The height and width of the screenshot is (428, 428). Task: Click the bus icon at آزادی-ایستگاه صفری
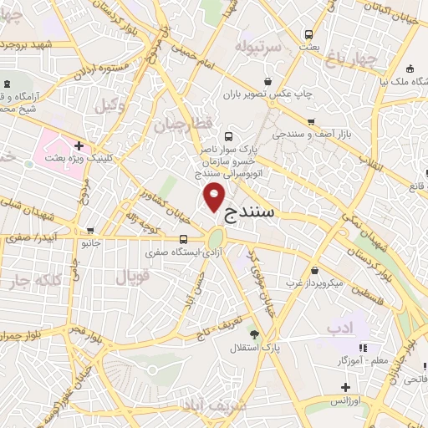(x=183, y=238)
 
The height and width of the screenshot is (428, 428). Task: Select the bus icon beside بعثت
(x=309, y=34)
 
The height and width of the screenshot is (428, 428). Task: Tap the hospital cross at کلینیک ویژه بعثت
(x=79, y=145)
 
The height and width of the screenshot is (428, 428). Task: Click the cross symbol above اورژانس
(x=345, y=387)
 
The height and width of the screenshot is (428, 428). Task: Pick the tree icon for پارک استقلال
(x=254, y=334)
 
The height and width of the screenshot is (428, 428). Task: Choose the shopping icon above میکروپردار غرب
(x=313, y=271)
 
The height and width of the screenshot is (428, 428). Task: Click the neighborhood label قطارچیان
(x=177, y=125)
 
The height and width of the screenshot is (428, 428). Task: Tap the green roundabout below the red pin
(x=216, y=238)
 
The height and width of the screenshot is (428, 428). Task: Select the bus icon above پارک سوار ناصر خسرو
(x=229, y=135)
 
